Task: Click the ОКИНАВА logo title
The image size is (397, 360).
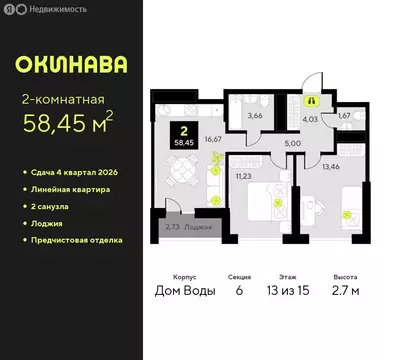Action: (71, 64)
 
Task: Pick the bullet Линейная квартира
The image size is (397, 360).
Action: (70, 189)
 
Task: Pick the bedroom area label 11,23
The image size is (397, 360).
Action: (243, 176)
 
